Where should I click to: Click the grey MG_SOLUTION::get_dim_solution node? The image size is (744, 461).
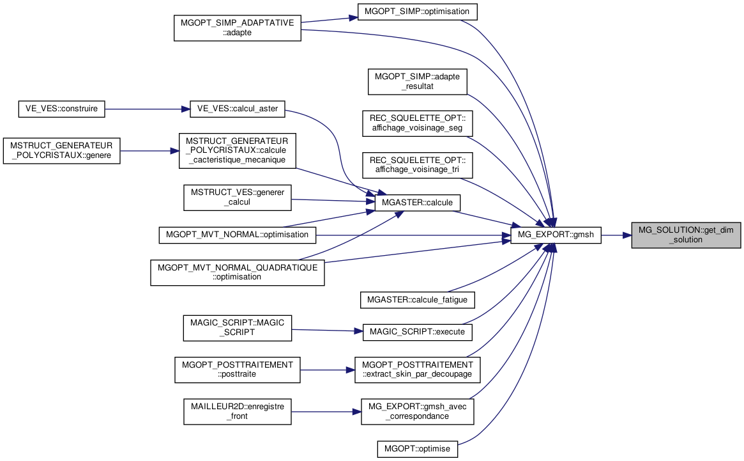pyautogui.click(x=686, y=235)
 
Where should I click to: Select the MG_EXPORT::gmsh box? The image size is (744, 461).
pyautogui.click(x=556, y=235)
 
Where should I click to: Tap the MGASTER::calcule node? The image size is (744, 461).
pyautogui.click(x=417, y=203)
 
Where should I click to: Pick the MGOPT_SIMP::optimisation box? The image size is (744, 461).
pyautogui.click(x=417, y=12)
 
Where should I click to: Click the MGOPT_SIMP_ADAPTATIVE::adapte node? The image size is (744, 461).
pyautogui.click(x=237, y=28)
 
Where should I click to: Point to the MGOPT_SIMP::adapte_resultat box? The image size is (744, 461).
pyautogui.click(x=418, y=82)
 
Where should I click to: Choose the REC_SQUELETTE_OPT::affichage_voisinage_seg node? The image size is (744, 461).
pyautogui.click(x=418, y=123)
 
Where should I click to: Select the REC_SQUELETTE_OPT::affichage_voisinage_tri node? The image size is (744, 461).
pyautogui.click(x=418, y=166)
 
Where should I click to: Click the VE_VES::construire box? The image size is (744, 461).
pyautogui.click(x=62, y=109)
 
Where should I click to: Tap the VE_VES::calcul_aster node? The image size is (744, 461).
pyautogui.click(x=237, y=109)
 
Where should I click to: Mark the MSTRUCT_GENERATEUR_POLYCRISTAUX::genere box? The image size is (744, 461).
pyautogui.click(x=62, y=151)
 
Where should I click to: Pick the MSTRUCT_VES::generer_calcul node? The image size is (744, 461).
pyautogui.click(x=237, y=198)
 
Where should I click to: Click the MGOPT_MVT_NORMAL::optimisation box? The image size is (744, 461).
pyautogui.click(x=237, y=235)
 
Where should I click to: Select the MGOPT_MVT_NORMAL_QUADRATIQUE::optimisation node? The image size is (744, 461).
pyautogui.click(x=237, y=273)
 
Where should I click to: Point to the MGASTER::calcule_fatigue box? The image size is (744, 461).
pyautogui.click(x=418, y=301)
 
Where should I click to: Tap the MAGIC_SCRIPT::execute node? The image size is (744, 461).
pyautogui.click(x=418, y=332)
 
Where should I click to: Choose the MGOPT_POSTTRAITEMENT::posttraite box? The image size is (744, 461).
pyautogui.click(x=237, y=370)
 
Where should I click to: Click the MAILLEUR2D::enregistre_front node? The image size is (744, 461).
pyautogui.click(x=237, y=412)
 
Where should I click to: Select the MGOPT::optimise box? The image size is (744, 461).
pyautogui.click(x=418, y=449)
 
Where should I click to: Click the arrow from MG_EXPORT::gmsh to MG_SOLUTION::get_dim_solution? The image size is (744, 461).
pyautogui.click(x=616, y=235)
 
